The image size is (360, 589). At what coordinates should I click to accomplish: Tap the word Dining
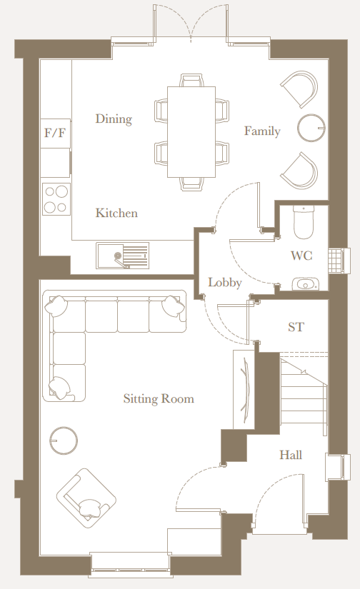click(114, 119)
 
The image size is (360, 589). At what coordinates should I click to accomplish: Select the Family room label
click(262, 131)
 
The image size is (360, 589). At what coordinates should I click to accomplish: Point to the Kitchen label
click(116, 213)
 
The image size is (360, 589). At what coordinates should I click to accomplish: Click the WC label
click(301, 256)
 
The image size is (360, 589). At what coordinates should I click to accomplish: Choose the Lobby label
click(225, 283)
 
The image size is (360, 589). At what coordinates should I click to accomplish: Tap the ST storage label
click(296, 327)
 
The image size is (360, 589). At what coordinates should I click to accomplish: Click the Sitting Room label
click(159, 398)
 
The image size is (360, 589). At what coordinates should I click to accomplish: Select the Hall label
click(291, 455)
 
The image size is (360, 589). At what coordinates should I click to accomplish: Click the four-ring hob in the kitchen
click(56, 199)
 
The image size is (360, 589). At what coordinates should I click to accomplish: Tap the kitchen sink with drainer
click(123, 256)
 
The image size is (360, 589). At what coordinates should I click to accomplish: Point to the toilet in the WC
click(304, 221)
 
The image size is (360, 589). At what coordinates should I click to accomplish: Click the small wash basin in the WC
click(305, 284)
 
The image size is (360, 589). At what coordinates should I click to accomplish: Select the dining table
click(191, 131)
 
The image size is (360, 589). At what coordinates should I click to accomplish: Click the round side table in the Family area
click(311, 128)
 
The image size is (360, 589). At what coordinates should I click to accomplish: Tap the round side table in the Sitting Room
click(64, 441)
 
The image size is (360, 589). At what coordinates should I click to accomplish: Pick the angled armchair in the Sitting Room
click(86, 495)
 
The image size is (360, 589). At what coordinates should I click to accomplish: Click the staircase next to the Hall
click(304, 394)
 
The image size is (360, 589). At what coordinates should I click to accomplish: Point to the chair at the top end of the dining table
click(191, 81)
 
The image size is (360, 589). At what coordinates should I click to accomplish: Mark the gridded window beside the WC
click(335, 260)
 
